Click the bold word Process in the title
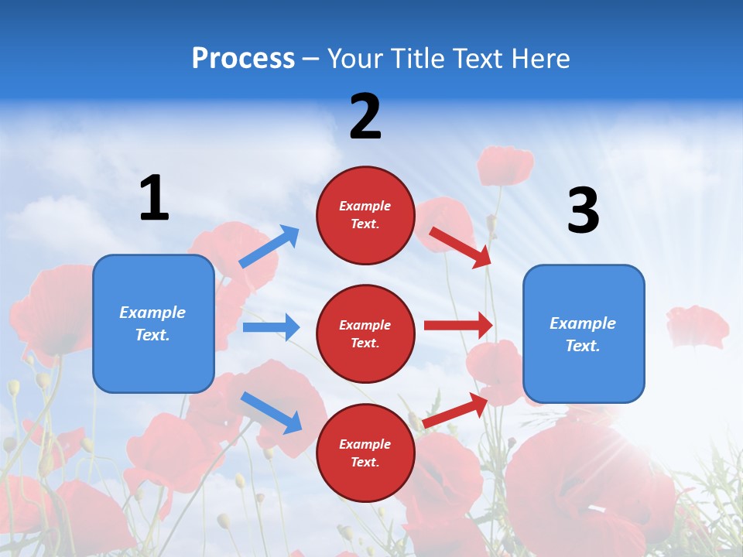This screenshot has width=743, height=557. [x=243, y=59]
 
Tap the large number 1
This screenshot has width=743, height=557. [x=154, y=198]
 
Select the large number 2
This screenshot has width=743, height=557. [x=365, y=117]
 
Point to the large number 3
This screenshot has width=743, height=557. [x=583, y=210]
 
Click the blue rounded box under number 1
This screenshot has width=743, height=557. [x=153, y=323]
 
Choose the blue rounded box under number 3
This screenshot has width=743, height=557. [x=584, y=333]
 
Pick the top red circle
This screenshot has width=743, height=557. [x=365, y=215]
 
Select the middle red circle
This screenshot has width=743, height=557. [x=365, y=333]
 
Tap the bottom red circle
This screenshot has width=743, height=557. [x=365, y=453]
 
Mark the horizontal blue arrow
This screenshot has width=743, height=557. [x=271, y=327]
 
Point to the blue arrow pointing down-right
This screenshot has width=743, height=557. [x=271, y=412]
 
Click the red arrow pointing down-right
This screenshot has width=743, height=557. [x=461, y=247]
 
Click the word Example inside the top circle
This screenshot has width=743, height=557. [x=365, y=207]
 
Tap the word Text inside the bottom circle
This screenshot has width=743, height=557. [x=364, y=462]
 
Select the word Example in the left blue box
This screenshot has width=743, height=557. [x=152, y=313]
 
